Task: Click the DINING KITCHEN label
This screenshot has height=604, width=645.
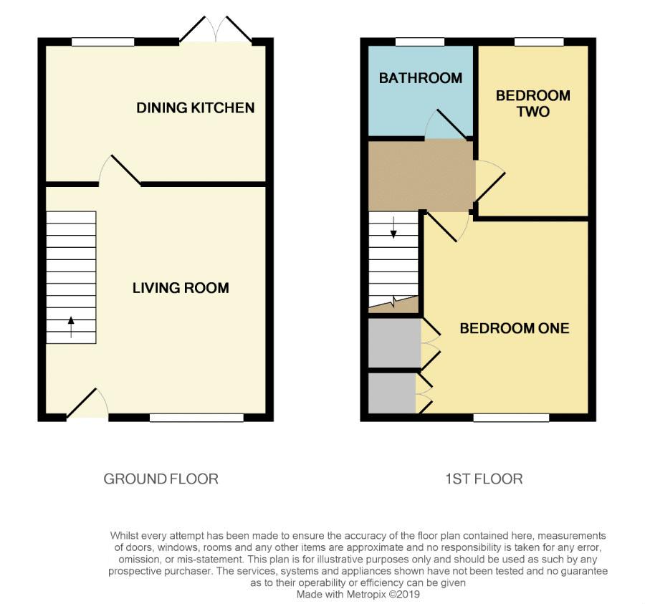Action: pyautogui.click(x=196, y=107)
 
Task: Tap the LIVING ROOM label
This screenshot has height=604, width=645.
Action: pyautogui.click(x=181, y=288)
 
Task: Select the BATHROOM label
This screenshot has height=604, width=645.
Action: pyautogui.click(x=421, y=78)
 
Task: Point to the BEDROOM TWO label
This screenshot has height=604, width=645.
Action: pyautogui.click(x=533, y=104)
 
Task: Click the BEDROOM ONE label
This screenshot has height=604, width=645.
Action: pyautogui.click(x=515, y=328)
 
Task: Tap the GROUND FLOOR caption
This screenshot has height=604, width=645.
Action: pyautogui.click(x=161, y=479)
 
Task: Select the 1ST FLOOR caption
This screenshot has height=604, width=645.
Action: pyautogui.click(x=484, y=479)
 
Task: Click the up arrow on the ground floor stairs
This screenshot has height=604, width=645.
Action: pyautogui.click(x=71, y=327)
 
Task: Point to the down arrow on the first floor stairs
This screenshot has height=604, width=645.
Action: pyautogui.click(x=393, y=227)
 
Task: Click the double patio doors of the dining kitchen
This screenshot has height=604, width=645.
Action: pyautogui.click(x=216, y=29)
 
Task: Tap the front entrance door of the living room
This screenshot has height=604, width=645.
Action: pyautogui.click(x=87, y=403)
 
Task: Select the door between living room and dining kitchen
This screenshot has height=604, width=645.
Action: pyautogui.click(x=120, y=171)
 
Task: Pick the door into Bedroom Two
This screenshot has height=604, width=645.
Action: pyautogui.click(x=490, y=181)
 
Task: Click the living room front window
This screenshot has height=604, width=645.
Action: pyautogui.click(x=196, y=418)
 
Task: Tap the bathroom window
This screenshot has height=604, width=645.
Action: pyautogui.click(x=420, y=42)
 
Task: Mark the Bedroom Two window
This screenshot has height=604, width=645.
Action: pyautogui.click(x=539, y=42)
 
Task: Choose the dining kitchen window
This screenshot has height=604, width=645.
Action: pyautogui.click(x=102, y=42)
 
